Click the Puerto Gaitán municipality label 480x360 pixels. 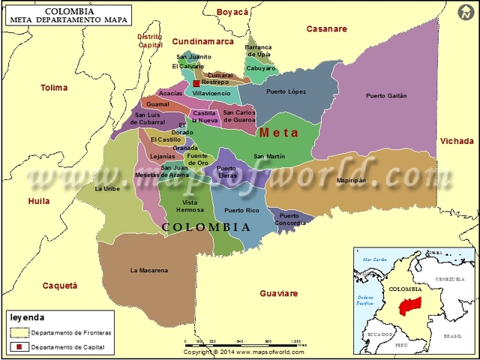386,95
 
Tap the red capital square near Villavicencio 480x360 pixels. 196,84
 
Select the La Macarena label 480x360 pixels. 148,270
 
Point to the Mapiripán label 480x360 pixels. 351,181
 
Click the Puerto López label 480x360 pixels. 286,91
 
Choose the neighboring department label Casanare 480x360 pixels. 326,28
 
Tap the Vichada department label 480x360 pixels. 457,141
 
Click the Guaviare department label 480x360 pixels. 278,293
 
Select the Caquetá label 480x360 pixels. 60,286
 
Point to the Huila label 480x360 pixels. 38,201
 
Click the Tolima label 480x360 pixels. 53,88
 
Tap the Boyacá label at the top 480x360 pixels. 232,12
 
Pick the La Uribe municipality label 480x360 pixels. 108,189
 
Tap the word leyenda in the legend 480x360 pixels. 27,317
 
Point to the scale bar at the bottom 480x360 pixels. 244,342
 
